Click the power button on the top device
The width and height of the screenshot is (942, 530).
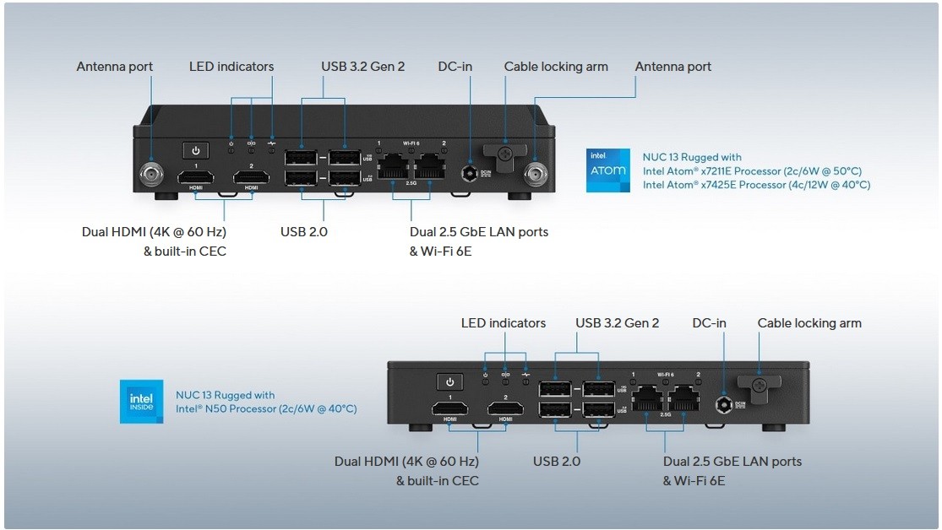pos(195,150)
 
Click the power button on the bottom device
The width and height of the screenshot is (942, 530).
pos(449,382)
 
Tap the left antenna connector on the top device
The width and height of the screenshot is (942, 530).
pos(153,176)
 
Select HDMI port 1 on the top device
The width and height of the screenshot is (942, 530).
pos(195,177)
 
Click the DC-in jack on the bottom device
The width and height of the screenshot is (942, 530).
pos(724,405)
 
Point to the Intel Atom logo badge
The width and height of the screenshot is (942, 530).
pos(607,170)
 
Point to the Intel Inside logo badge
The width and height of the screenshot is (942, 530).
pos(141,402)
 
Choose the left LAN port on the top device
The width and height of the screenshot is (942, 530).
pos(393,167)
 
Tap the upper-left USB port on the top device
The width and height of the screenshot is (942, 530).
pos(302,157)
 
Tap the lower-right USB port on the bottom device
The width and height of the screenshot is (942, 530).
pos(598,409)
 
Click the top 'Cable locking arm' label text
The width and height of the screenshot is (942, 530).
pos(556,67)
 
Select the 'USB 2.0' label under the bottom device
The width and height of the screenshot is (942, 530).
pos(557,462)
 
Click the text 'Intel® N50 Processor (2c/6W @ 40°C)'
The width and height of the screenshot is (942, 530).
pos(266,408)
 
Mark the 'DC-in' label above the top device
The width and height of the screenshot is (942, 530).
pos(455,67)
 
